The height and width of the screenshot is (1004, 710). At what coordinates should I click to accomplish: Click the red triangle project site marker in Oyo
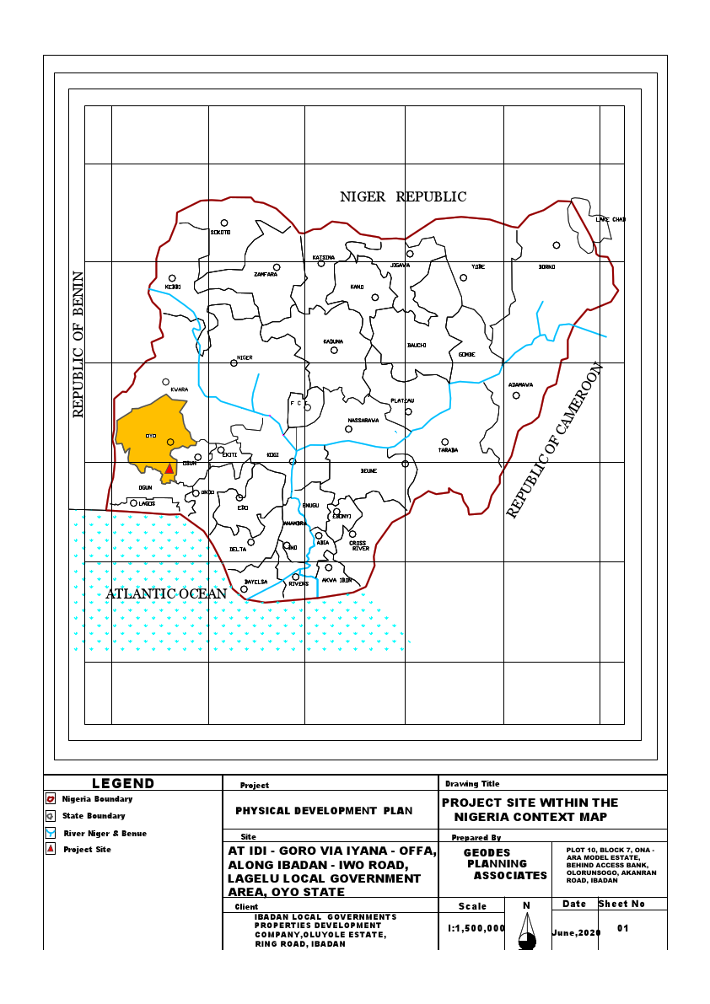pos(169,468)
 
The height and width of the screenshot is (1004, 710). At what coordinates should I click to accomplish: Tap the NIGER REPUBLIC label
pos(403,196)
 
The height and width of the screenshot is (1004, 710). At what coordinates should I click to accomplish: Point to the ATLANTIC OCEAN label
pos(166,593)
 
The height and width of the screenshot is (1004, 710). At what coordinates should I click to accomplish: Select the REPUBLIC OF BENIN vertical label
pos(78,344)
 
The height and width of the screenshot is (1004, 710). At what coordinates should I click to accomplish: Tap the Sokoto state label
pos(220,231)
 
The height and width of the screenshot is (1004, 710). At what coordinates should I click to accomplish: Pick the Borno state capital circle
pos(557,245)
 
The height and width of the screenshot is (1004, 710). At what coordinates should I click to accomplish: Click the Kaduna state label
pos(333,341)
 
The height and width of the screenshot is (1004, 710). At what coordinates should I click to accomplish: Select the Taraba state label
pos(448,450)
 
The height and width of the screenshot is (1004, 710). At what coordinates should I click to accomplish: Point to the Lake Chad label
pos(610,219)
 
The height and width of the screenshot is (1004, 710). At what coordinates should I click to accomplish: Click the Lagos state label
pos(147,503)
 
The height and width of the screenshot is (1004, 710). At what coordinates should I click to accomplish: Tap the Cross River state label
pos(359,545)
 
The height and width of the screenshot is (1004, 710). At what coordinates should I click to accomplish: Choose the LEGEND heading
pos(123,783)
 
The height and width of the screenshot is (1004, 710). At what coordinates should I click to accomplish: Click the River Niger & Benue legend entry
pos(105,833)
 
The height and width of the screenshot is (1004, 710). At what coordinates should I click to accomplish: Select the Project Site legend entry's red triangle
pos(51,849)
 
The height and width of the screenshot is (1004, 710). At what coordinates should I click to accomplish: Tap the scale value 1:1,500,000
pos(476,927)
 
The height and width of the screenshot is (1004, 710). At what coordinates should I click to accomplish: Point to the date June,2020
pos(576,933)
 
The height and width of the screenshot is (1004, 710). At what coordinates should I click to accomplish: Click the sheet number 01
pos(623,928)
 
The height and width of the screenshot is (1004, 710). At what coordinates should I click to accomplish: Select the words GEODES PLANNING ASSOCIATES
pos(498,864)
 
